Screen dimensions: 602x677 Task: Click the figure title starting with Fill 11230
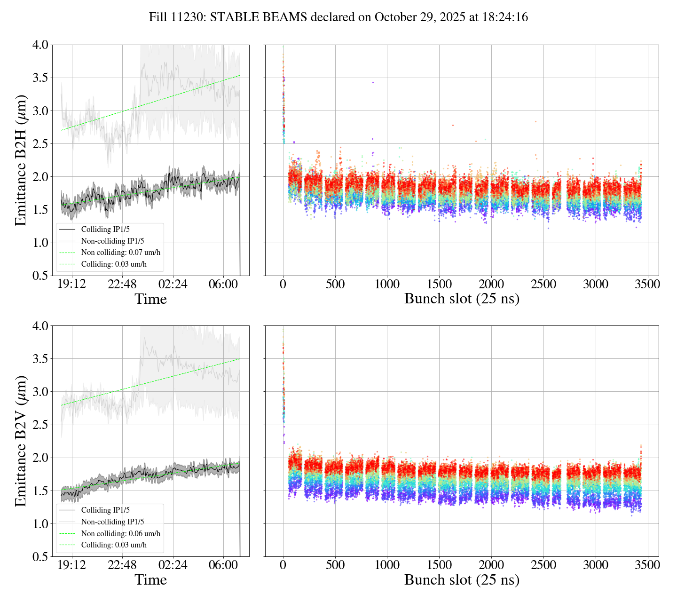(x=338, y=17)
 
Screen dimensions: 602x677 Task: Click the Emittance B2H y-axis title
(x=20, y=160)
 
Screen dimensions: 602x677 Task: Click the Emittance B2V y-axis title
(x=20, y=441)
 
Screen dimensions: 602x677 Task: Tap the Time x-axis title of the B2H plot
(x=150, y=299)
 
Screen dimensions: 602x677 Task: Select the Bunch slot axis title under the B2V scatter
(x=462, y=580)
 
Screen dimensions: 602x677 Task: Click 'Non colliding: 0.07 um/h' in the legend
(x=120, y=253)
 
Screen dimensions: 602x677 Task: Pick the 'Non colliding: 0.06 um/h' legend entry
(x=120, y=533)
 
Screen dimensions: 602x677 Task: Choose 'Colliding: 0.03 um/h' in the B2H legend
(x=114, y=264)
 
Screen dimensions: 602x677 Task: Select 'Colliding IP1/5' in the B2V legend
(x=105, y=510)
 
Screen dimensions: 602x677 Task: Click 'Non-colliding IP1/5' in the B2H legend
(x=112, y=241)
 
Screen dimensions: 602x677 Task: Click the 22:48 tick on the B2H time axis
(x=122, y=285)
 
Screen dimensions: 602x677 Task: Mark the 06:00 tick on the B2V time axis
(x=223, y=565)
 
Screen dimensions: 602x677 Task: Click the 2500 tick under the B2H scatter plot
(x=543, y=285)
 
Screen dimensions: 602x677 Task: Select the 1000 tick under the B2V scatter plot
(x=387, y=565)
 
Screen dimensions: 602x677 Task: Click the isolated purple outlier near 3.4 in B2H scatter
(x=373, y=82)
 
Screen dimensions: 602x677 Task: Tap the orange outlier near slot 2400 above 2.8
(x=535, y=121)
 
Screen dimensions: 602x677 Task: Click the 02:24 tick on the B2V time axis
(x=173, y=565)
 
